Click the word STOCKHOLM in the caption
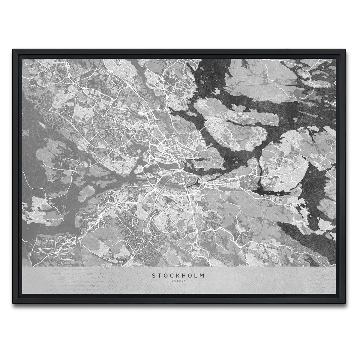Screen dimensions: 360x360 pos(178,275)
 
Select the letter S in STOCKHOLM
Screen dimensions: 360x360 pos(154,275)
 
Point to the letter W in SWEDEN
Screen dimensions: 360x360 pos(175,281)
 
